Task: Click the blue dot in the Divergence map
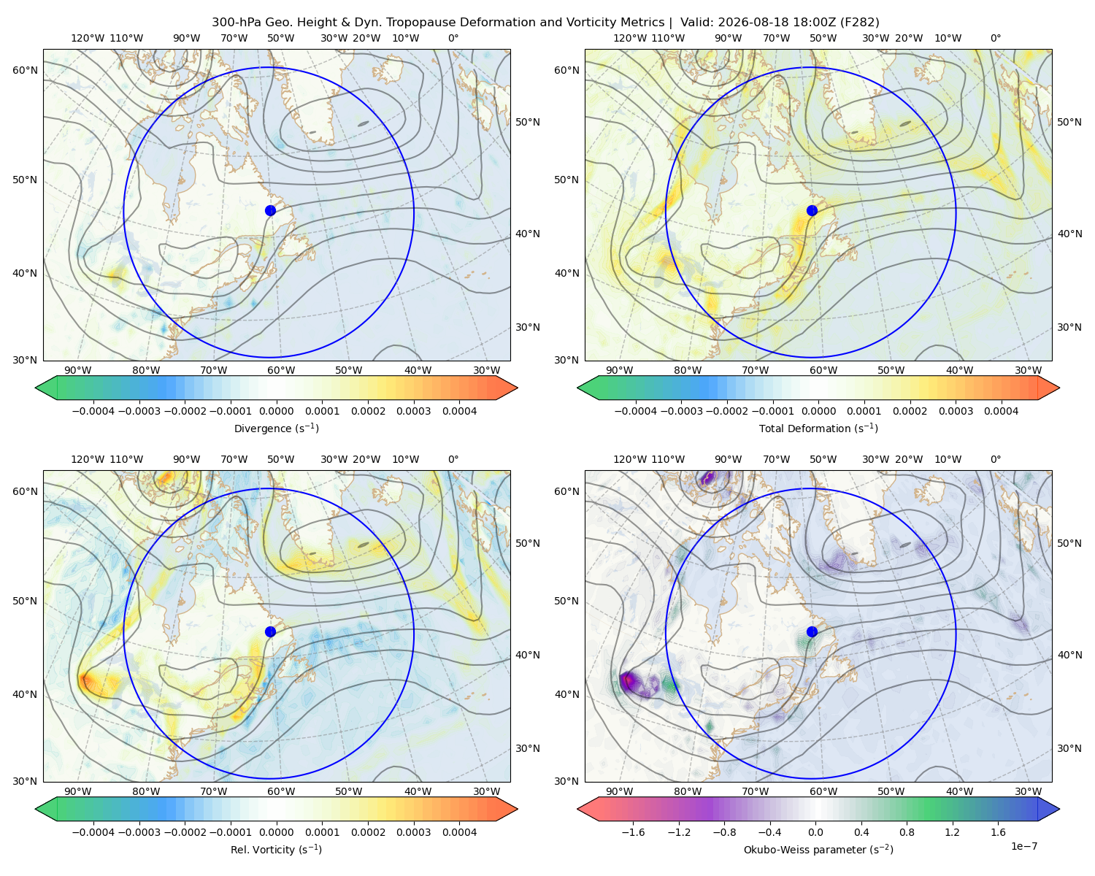270,210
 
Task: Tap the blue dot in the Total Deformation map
812,210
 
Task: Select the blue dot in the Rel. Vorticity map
270,631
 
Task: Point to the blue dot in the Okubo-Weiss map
812,631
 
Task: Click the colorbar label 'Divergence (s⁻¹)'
276,428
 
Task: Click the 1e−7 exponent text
1023,846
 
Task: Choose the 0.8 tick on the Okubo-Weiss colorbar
907,832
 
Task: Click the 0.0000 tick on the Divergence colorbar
276,411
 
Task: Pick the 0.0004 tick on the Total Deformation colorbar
1002,411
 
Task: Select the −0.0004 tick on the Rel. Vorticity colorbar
93,832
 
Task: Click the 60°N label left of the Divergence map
25,70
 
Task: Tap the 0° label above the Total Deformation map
995,38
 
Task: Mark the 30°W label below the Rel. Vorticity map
486,791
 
